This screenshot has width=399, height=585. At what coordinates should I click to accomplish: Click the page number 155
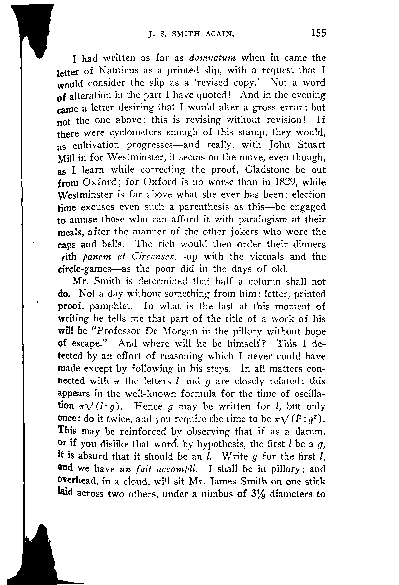(x=318, y=33)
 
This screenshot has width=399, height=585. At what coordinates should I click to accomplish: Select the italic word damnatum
(x=212, y=58)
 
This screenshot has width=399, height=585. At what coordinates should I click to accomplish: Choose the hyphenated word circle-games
(x=85, y=269)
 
